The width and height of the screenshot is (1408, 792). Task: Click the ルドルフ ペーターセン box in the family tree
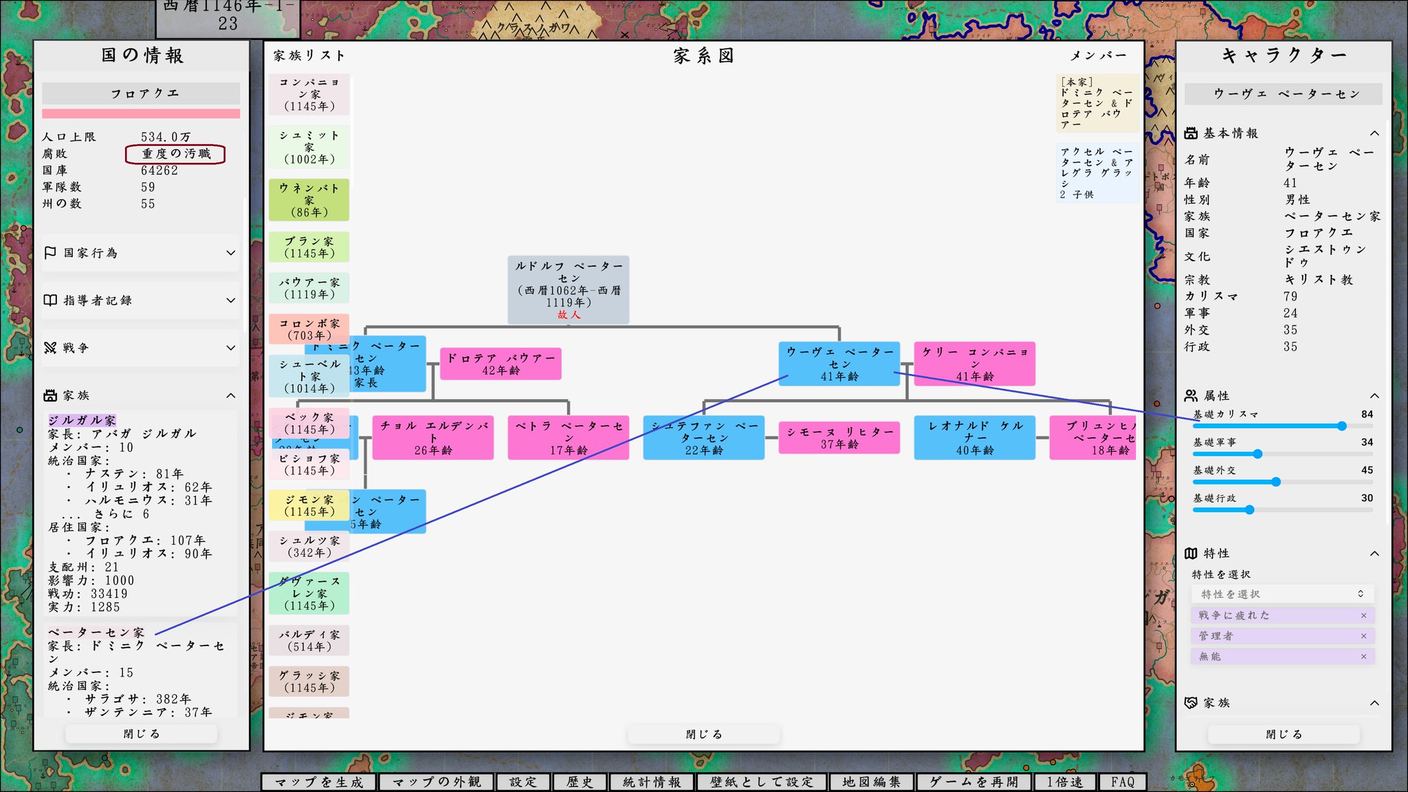coord(568,289)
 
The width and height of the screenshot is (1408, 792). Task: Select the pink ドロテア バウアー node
coord(500,364)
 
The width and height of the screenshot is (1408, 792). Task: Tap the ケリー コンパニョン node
coord(974,364)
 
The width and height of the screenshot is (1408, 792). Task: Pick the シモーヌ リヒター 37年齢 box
coord(839,437)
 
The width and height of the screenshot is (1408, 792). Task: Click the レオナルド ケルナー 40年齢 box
coord(974,437)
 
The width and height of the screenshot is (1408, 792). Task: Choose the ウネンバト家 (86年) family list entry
coord(309,200)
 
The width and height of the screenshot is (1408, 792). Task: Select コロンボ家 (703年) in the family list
coord(309,329)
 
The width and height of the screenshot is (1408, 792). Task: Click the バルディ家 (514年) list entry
coord(309,640)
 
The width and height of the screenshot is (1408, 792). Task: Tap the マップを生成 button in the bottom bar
coord(319,782)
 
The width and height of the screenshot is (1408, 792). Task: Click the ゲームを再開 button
coord(973,782)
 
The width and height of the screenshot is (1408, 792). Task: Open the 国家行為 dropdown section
coord(140,253)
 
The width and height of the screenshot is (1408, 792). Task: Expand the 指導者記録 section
coord(140,300)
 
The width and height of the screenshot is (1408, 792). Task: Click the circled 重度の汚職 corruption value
coord(175,154)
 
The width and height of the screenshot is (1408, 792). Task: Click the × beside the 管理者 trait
coord(1363,636)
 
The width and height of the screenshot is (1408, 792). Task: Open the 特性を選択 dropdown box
coord(1282,594)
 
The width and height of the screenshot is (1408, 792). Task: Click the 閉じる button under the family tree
coord(703,734)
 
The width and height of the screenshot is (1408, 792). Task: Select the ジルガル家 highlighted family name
coord(82,420)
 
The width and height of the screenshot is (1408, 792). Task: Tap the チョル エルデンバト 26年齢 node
coord(433,437)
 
